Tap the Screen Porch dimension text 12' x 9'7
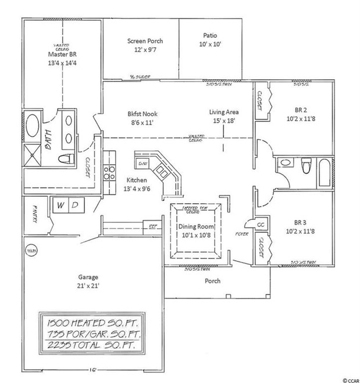tap(144, 50)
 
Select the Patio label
tap(211, 34)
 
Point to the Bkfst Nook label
tap(142, 114)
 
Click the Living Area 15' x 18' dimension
tap(224, 120)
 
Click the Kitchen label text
tap(136, 180)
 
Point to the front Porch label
tap(212, 280)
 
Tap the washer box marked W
tap(61, 205)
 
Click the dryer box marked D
tap(76, 205)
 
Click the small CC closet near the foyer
tap(261, 224)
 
